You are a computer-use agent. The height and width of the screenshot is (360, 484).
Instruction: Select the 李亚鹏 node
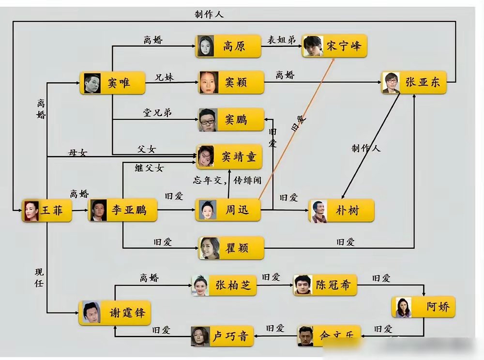point(122,210)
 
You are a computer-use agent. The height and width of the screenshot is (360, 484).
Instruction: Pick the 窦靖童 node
point(229,156)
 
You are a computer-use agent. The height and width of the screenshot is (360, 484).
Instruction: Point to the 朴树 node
point(341,210)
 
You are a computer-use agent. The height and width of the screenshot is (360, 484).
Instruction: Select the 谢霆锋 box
point(115,312)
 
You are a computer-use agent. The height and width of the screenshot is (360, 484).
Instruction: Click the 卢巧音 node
point(220,336)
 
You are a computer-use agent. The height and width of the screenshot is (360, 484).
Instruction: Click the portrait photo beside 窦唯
point(92,83)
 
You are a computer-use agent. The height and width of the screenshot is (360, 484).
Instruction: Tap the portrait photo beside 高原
point(205,46)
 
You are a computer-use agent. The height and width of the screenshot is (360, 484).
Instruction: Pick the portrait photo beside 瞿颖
point(210,248)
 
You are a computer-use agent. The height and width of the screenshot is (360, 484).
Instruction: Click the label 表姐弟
point(281,40)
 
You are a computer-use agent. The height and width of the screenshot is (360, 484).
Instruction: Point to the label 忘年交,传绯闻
point(227,180)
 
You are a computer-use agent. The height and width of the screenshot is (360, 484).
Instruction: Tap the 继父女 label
point(149,168)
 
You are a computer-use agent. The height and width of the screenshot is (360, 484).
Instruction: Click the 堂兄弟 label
point(157,113)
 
